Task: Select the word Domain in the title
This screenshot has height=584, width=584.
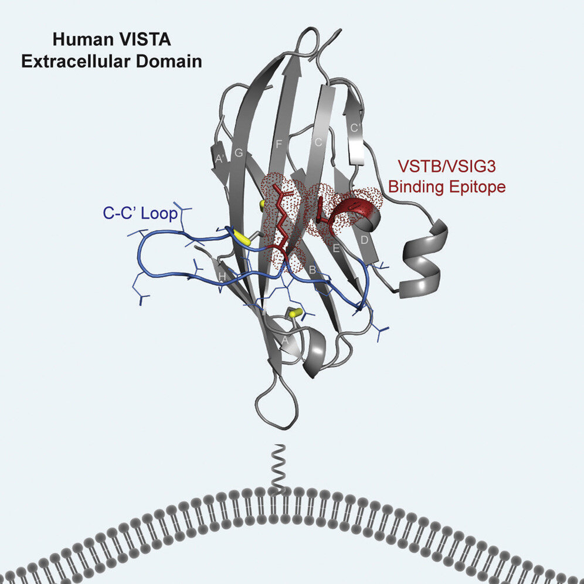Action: point(171,60)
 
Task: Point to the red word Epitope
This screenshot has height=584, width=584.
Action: point(477,188)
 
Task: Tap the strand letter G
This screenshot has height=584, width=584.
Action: point(239,154)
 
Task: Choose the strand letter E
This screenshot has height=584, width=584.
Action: point(336,248)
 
